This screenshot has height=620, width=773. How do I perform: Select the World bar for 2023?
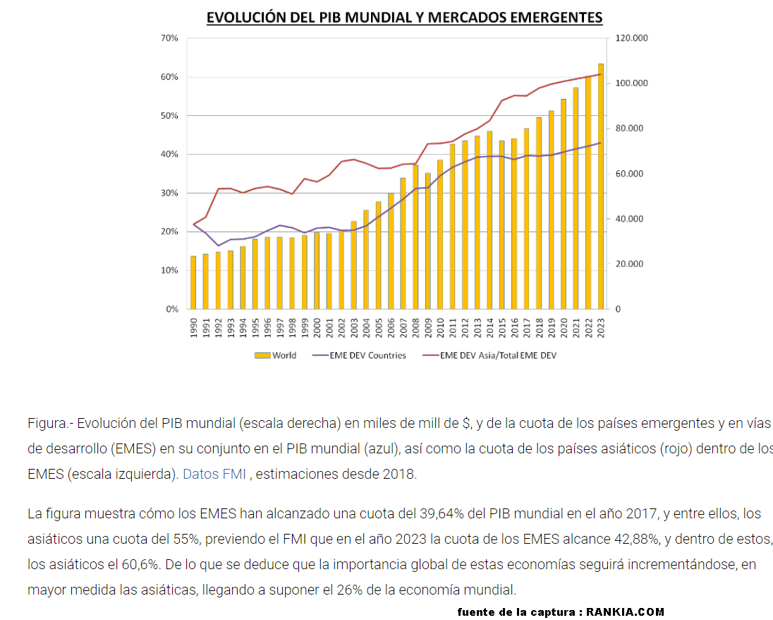coord(601,186)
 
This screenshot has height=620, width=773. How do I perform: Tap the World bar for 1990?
coord(193,282)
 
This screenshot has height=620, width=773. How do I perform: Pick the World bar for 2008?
coord(415,237)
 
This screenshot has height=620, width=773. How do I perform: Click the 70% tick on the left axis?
coord(170,38)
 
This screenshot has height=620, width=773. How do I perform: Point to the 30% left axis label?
coord(170,193)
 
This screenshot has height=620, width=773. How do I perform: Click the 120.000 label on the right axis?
coord(631,38)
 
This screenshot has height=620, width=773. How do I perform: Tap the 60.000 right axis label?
coord(629,174)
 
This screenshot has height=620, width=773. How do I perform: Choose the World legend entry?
coord(276,355)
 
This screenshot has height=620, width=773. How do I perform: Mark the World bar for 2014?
coord(489,220)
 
